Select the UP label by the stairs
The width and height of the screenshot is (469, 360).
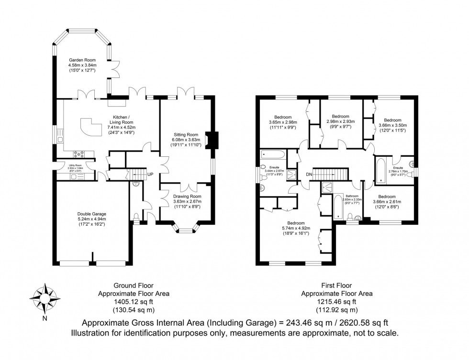point(150,175)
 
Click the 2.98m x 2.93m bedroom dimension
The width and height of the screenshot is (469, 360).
point(340,122)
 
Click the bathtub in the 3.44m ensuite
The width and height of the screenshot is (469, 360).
point(273,154)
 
